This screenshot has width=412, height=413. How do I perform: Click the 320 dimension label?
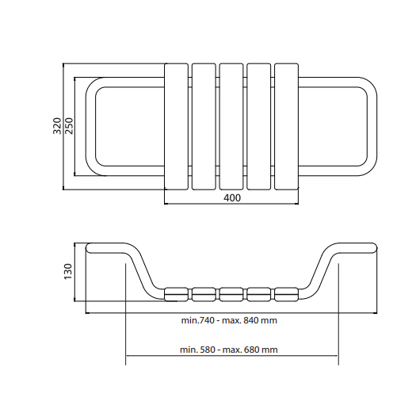coord(57,126)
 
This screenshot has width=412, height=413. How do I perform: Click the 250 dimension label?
coord(69,126)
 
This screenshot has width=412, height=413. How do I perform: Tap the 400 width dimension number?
coord(232,197)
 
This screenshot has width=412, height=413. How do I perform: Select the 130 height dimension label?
coord(68,271)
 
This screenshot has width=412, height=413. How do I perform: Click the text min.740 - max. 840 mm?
coord(229,320)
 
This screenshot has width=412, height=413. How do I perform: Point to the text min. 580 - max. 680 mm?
coord(229,350)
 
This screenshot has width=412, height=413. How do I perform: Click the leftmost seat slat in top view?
coord(176,126)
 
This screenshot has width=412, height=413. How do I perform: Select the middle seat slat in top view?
coord(231,126)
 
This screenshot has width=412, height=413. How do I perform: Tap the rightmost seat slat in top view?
coord(287,126)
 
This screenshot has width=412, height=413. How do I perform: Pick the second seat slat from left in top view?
coord(204,126)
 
